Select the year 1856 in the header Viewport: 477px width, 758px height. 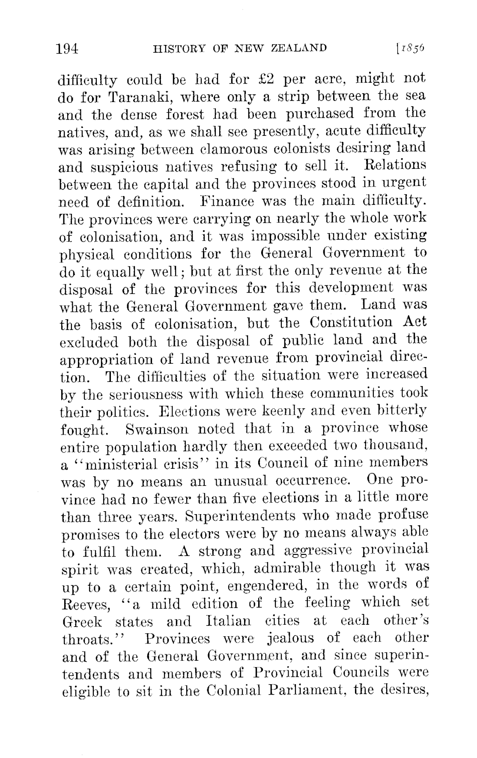point(412,48)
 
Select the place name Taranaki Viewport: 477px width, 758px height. point(136,97)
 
